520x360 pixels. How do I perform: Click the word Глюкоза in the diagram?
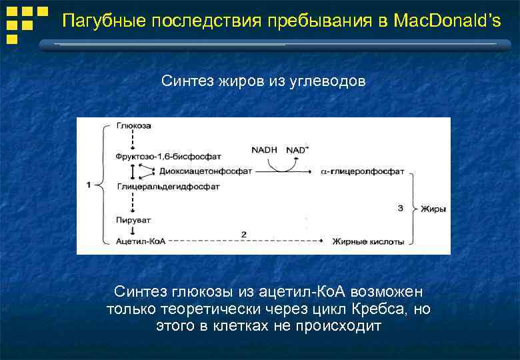point(133,125)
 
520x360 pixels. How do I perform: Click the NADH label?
point(264,150)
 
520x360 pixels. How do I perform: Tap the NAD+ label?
point(297,150)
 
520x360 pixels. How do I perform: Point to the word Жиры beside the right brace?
point(433,209)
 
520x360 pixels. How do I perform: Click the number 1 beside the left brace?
point(89,185)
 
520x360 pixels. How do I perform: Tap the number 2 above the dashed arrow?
point(244,234)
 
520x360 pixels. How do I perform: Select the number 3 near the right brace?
point(400,209)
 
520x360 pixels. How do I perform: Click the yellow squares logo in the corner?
point(25,23)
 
